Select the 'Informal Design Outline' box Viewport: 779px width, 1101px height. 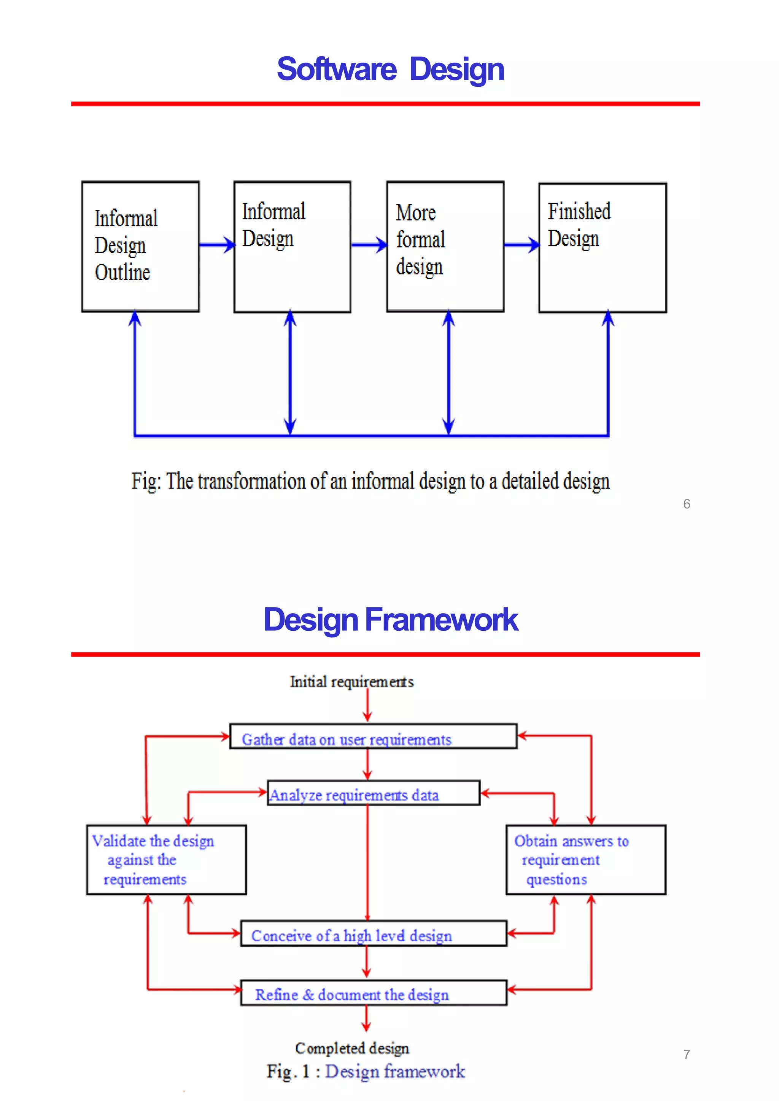point(140,246)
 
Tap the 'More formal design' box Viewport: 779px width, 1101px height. point(445,246)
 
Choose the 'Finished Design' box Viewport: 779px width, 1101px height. point(602,247)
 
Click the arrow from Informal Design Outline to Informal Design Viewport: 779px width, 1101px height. point(216,245)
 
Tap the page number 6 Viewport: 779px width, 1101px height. point(687,504)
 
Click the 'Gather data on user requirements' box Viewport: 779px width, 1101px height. point(373,736)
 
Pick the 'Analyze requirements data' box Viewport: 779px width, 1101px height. point(373,793)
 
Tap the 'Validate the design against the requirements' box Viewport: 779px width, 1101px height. point(167,860)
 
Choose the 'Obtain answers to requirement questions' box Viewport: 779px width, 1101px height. point(586,860)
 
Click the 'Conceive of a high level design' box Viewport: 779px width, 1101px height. point(373,933)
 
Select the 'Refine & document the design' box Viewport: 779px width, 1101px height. point(373,993)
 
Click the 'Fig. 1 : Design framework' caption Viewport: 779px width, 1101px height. point(366,1071)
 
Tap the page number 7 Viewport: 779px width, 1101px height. point(687,1055)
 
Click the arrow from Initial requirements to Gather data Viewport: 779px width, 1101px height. point(367,705)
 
